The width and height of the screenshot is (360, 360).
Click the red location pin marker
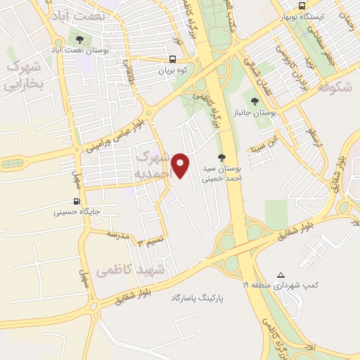click(x=181, y=165)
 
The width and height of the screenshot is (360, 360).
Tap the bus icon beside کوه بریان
click(x=173, y=60)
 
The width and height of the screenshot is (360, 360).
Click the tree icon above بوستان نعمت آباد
click(x=78, y=39)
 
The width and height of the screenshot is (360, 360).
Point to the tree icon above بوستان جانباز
click(x=255, y=101)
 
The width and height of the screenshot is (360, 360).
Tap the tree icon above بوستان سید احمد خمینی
click(x=222, y=158)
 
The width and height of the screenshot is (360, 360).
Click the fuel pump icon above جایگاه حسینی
click(x=76, y=201)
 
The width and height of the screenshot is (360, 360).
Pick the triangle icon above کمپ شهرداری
click(x=281, y=275)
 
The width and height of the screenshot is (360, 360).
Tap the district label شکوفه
click(x=333, y=87)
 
